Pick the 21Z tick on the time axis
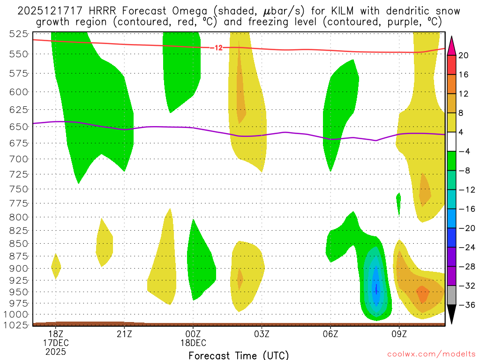point(124,334)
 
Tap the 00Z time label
point(193,334)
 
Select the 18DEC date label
point(193,343)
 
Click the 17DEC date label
point(56,343)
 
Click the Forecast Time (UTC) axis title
point(239,355)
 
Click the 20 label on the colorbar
point(464,55)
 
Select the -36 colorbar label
point(465,305)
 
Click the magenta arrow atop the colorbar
point(452,45)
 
